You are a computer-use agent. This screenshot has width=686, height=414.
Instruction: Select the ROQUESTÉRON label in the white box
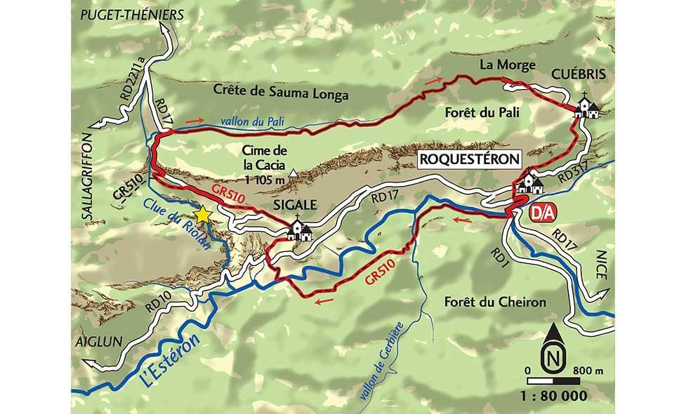(470, 159)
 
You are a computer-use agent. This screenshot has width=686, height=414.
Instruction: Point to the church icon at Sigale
(300, 231)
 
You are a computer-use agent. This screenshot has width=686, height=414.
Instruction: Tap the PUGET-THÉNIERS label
(131, 14)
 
